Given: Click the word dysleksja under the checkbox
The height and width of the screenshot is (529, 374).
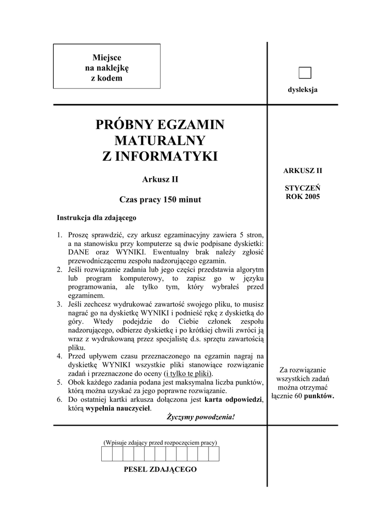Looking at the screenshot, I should pyautogui.click(x=303, y=90).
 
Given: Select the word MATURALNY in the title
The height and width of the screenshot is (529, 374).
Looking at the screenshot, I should pyautogui.click(x=160, y=141).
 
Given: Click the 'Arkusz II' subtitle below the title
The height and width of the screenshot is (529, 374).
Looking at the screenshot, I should pyautogui.click(x=160, y=180).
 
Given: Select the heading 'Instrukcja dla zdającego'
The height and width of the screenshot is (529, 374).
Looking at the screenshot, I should pyautogui.click(x=97, y=217).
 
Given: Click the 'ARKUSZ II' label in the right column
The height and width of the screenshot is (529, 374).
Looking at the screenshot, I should pyautogui.click(x=303, y=170).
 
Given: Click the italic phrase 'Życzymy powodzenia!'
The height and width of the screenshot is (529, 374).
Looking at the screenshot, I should pyautogui.click(x=200, y=416).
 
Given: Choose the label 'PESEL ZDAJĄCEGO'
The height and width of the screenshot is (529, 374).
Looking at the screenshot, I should pyautogui.click(x=160, y=470).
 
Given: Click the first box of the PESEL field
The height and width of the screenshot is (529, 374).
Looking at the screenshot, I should pyautogui.click(x=106, y=454).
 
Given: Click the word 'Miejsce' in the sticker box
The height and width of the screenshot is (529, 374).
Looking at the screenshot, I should pyautogui.click(x=106, y=57).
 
